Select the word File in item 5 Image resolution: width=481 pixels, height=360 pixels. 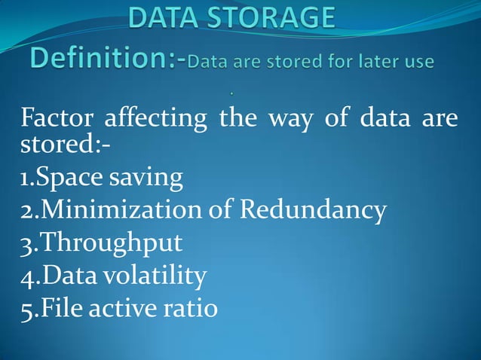coord(62,309)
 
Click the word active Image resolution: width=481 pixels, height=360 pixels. coord(124,309)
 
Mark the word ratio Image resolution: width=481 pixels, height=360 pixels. coord(191,309)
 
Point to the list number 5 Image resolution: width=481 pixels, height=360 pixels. coord(25,310)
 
